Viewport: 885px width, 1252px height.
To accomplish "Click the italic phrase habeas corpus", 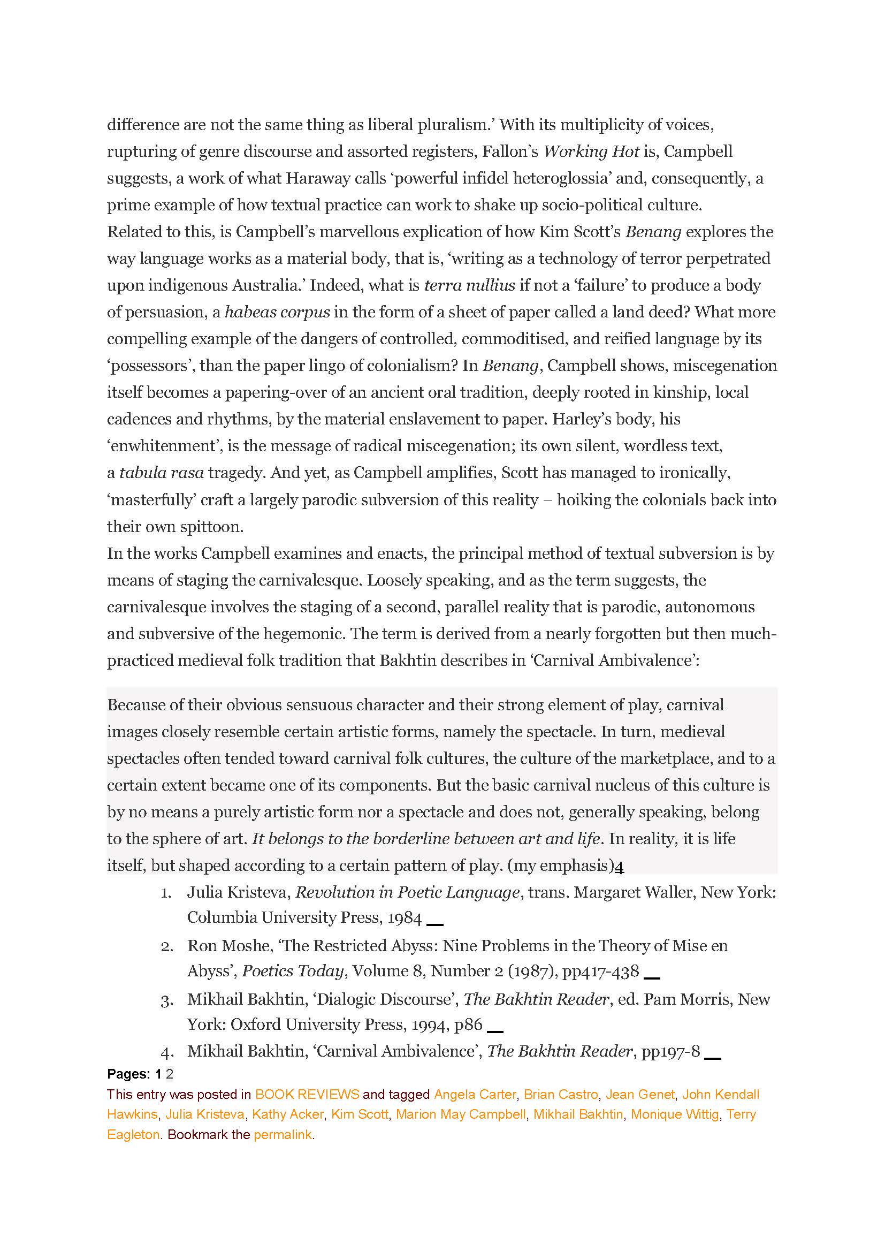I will [x=277, y=312].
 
